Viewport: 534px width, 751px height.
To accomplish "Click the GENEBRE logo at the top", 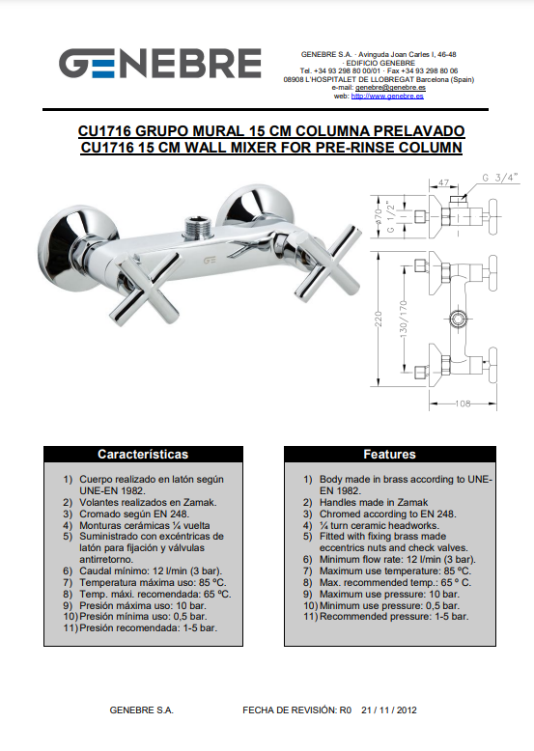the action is click(x=160, y=63).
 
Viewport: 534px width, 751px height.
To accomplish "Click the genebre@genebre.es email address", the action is click(x=390, y=88).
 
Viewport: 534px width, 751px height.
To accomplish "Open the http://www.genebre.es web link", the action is click(x=387, y=96).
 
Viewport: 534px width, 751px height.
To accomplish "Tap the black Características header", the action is click(x=143, y=454).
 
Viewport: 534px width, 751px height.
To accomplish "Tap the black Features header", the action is click(x=390, y=454).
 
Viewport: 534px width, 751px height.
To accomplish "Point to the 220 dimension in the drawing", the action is click(x=379, y=319).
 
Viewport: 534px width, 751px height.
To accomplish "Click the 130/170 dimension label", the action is click(x=404, y=318).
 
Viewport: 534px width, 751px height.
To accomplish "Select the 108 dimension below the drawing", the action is click(x=463, y=403).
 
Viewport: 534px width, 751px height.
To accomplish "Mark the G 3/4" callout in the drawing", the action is click(x=500, y=178).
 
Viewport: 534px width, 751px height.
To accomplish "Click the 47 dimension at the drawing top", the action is click(x=443, y=182).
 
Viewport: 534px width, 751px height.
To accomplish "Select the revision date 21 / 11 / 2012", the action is click(x=389, y=709).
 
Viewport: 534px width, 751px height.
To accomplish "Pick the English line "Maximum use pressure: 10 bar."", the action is click(x=389, y=594).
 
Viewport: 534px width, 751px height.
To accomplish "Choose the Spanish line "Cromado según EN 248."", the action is click(x=134, y=514).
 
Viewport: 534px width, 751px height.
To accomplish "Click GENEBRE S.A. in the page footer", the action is click(x=141, y=709).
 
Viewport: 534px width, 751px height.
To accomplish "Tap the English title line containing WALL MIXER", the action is click(x=271, y=147).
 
